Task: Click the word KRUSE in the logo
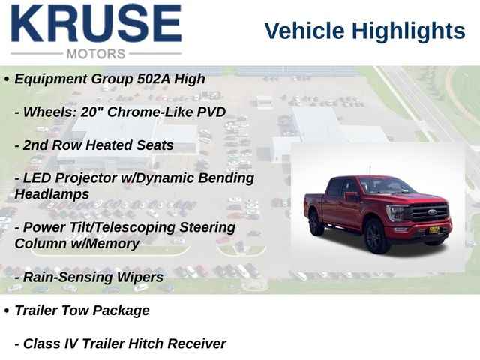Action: tap(97, 23)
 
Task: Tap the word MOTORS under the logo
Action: tap(96, 54)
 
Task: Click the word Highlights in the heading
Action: tap(408, 31)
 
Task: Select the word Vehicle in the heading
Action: tap(304, 31)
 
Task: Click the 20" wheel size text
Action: tap(91, 112)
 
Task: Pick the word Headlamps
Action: tap(52, 194)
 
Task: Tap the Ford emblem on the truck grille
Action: tap(432, 212)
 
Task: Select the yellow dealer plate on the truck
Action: tap(434, 229)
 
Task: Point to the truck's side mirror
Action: tap(351, 195)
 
